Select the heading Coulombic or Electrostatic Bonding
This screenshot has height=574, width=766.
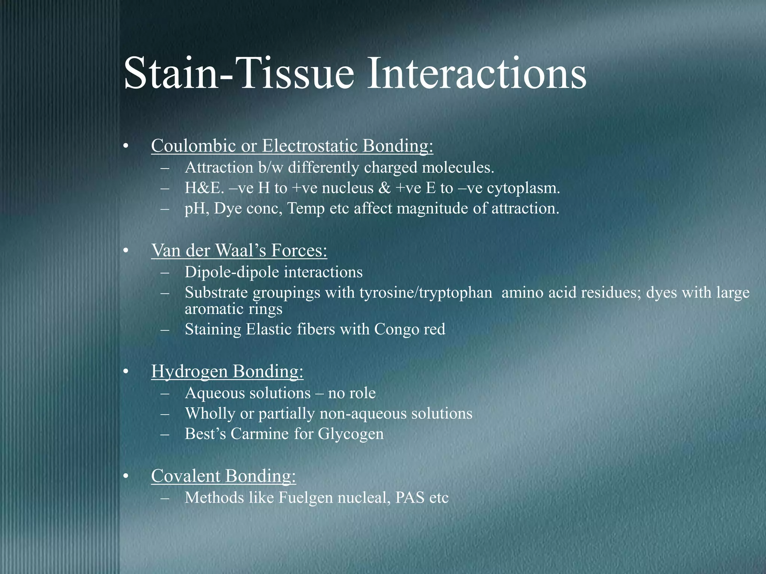click(x=292, y=146)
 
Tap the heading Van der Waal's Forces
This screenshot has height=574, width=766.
click(x=239, y=250)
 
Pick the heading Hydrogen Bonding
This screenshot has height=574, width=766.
click(x=227, y=371)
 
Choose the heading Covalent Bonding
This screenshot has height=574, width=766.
click(x=223, y=476)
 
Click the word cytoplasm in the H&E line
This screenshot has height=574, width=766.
click(x=523, y=188)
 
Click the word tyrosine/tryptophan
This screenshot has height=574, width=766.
click(x=426, y=293)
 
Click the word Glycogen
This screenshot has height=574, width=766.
click(x=350, y=434)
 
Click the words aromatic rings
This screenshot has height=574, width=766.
click(x=233, y=309)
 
